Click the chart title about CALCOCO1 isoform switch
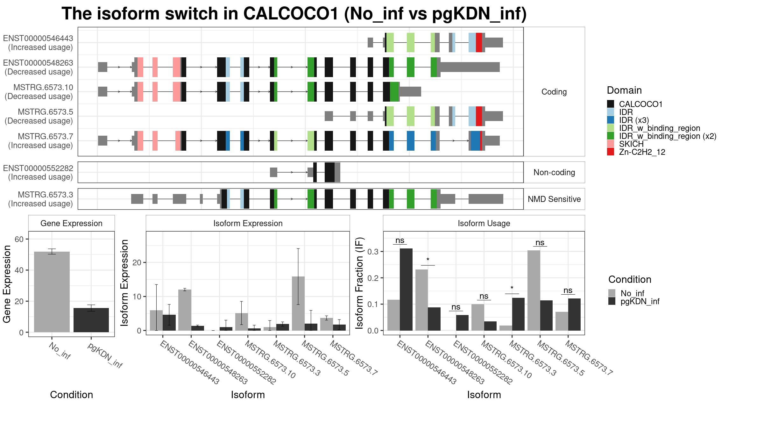294,14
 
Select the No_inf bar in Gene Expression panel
52,292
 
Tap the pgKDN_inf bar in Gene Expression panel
91,320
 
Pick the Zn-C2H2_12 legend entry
636,152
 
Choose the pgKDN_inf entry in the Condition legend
634,301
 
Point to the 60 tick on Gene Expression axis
19,239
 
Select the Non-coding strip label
554,172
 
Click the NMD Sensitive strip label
554,199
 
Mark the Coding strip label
554,92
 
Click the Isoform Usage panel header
484,223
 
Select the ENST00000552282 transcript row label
38,172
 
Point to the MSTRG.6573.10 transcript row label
39,92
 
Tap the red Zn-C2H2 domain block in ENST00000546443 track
479,42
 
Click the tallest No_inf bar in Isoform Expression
298,304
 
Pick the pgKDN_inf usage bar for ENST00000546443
406,290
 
